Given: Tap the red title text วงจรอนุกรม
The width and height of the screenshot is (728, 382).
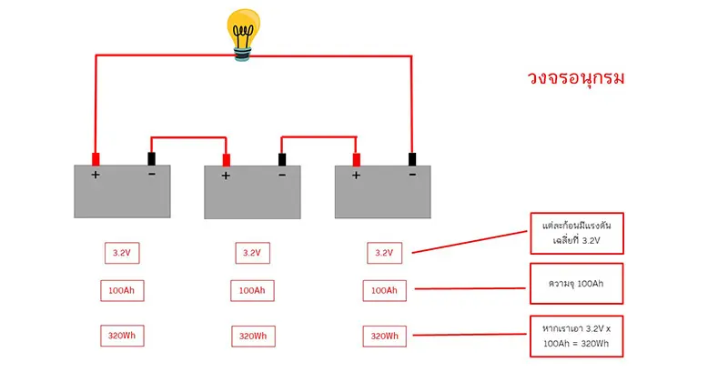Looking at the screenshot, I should click(576, 78).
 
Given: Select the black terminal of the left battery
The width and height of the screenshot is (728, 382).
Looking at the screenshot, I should click(151, 156).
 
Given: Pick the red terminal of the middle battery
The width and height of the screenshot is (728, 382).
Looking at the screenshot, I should click(227, 160).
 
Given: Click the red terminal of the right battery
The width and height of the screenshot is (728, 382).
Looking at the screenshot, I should click(357, 158).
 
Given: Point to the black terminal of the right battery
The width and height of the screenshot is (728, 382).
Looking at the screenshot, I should click(412, 157).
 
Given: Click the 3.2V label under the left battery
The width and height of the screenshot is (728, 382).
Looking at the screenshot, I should click(122, 252).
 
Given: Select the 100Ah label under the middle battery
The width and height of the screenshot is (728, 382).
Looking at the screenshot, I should click(252, 291).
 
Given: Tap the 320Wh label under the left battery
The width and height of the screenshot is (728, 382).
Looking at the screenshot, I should click(122, 336).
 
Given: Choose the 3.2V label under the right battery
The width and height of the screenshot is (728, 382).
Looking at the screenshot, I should click(383, 252).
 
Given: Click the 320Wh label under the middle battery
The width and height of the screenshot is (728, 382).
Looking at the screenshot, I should click(252, 336).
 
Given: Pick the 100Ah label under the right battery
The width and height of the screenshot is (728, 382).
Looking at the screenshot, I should click(383, 291).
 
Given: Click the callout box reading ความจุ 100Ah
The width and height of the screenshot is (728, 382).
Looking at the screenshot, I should click(577, 284).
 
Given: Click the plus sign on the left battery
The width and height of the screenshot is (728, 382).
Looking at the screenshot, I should click(95, 176).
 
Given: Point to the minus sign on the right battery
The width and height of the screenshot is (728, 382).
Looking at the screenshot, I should click(412, 176).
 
